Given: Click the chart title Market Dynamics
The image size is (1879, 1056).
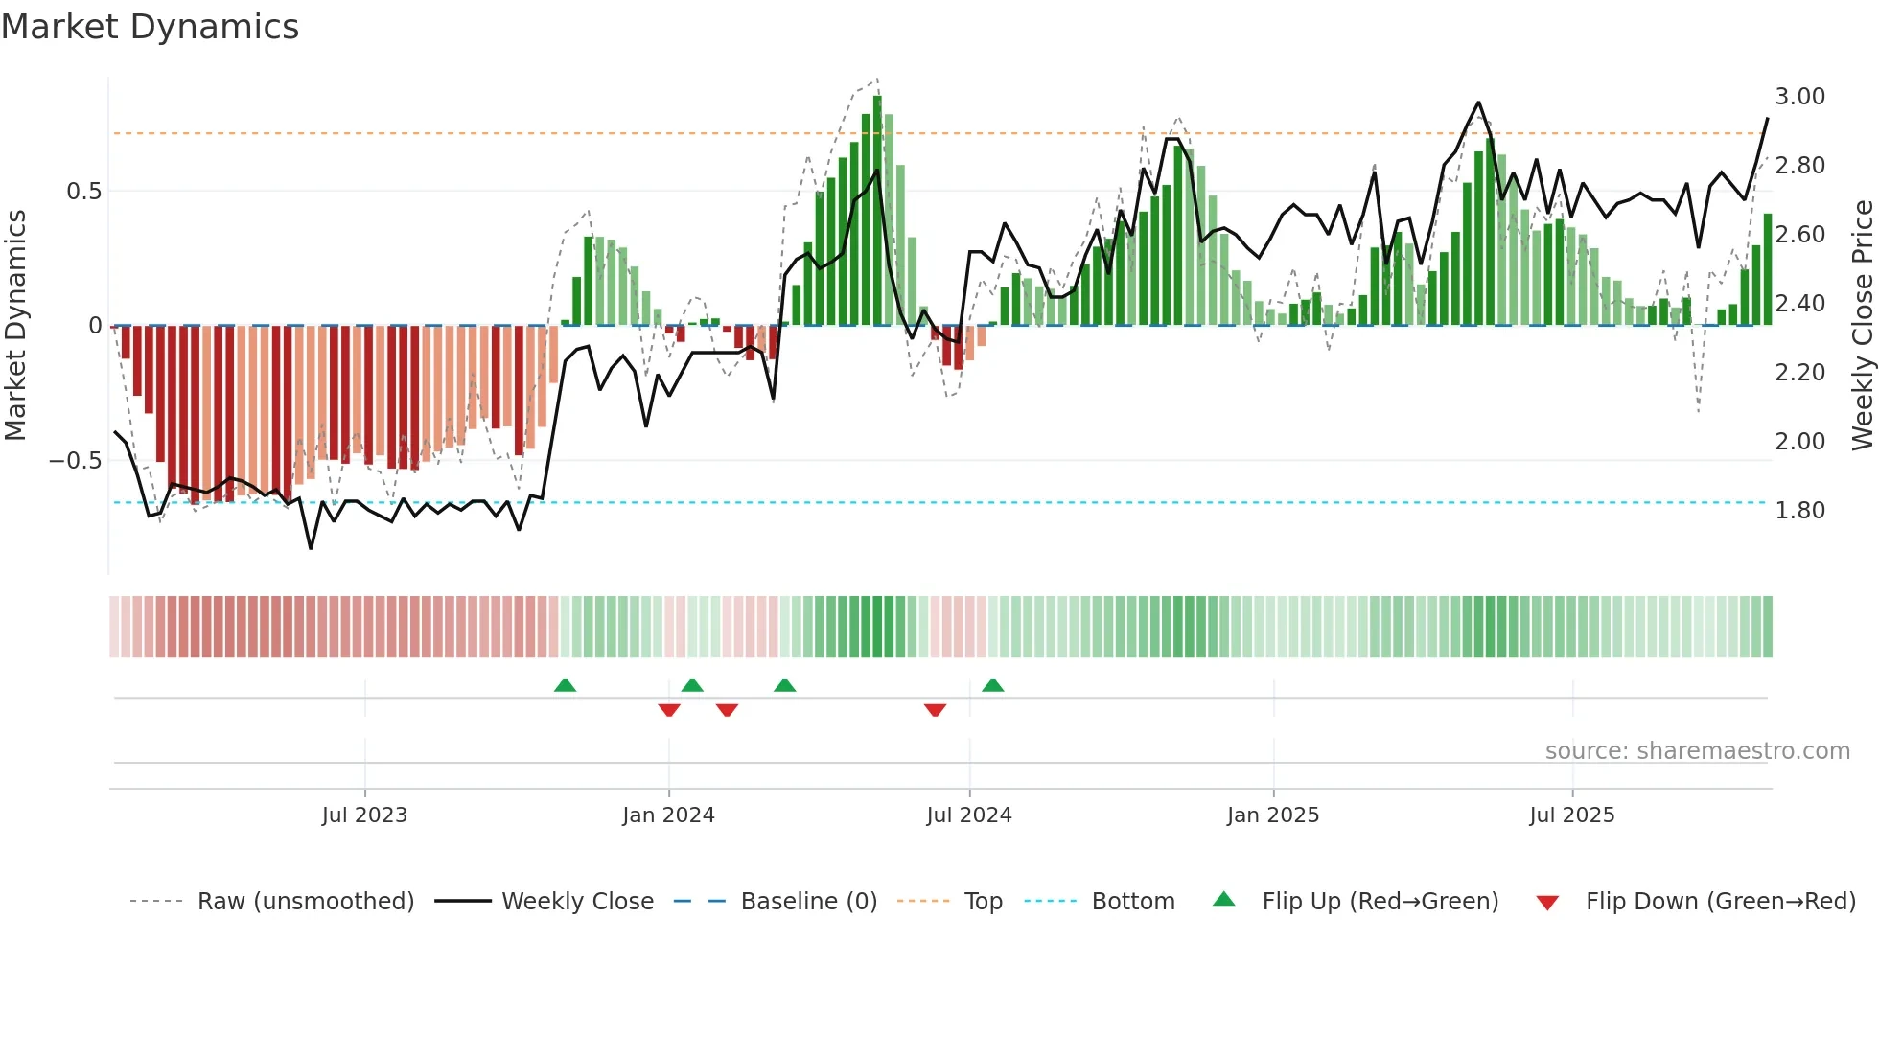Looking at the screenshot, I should (150, 27).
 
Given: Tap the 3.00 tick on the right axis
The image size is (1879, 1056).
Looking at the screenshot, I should (1799, 97).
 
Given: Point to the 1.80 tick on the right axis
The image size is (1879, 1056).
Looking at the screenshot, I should (1799, 511).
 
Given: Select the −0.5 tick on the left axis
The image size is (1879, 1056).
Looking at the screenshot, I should (75, 461).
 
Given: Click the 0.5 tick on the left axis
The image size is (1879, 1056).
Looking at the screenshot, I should (83, 192).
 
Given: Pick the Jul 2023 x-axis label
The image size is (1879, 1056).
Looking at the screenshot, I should (364, 815).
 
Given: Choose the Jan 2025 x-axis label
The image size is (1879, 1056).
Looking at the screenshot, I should (1272, 815).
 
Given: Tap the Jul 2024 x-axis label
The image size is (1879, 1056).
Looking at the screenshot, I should (968, 815).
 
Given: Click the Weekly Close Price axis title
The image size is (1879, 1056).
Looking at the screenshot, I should (1862, 326).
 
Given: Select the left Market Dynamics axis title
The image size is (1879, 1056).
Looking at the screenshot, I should (15, 326).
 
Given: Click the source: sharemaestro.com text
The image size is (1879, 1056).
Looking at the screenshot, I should (1697, 751).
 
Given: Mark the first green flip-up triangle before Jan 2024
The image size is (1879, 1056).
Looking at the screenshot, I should (565, 685).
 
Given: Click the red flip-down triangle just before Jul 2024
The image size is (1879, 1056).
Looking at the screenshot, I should (935, 710).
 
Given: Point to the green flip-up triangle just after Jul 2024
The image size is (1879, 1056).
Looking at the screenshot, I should (992, 685).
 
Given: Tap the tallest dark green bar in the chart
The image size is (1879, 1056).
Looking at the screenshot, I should (877, 211).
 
